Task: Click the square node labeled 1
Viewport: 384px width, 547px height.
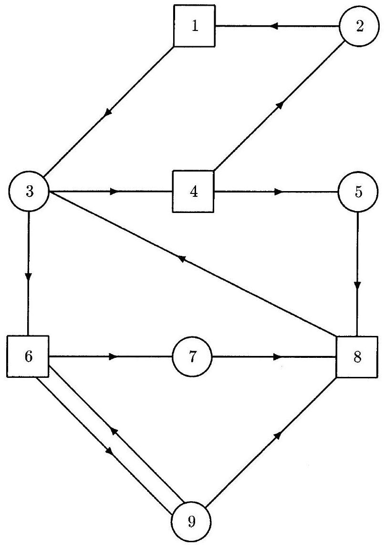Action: tap(194, 26)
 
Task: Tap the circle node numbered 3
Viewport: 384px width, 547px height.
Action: tap(29, 192)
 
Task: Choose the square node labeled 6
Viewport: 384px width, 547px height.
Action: tap(28, 356)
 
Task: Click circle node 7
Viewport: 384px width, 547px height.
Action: tap(192, 356)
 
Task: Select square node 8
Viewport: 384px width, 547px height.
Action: tap(357, 356)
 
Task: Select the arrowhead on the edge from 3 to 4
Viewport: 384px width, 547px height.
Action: tap(114, 192)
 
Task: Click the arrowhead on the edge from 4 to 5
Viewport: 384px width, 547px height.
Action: tap(278, 192)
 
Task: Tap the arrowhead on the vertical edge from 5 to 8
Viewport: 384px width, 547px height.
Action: tap(357, 286)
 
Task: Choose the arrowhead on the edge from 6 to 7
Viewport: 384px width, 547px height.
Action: tap(114, 356)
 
